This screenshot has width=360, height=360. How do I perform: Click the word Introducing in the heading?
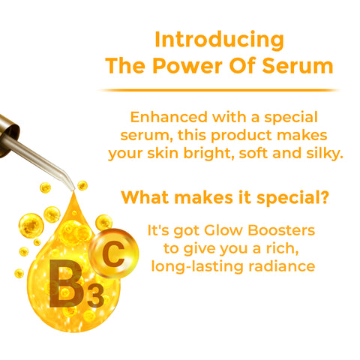[x=219, y=39]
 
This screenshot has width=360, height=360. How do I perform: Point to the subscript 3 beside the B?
[x=95, y=296]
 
